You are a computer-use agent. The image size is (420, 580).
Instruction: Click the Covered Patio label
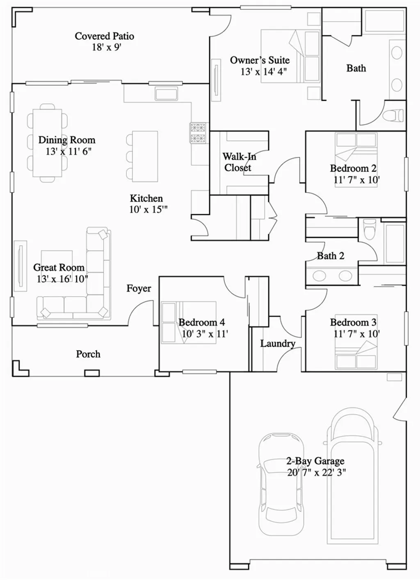coord(104,36)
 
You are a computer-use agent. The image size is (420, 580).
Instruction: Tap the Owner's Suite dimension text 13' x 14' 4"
coord(263,72)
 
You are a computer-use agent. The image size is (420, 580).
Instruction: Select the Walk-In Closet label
coord(239,162)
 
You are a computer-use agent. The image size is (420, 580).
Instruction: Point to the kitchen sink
coord(166,93)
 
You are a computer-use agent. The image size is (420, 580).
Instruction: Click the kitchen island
coord(145,156)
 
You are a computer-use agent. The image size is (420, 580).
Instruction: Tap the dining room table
coord(47,143)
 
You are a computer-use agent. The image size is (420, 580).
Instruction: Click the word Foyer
coord(139,289)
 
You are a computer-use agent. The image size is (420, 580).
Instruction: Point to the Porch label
coord(88,354)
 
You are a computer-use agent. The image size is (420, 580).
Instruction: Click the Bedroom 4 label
coord(201,322)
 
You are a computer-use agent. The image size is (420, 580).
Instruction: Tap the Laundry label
coord(278,343)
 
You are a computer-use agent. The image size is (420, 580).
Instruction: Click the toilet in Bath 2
coord(370,230)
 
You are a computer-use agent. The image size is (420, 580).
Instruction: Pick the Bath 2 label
coord(331,256)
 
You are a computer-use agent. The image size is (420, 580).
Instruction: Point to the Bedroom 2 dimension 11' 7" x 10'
coord(356,180)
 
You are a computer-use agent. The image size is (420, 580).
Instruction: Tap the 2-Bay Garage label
coord(315,461)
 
